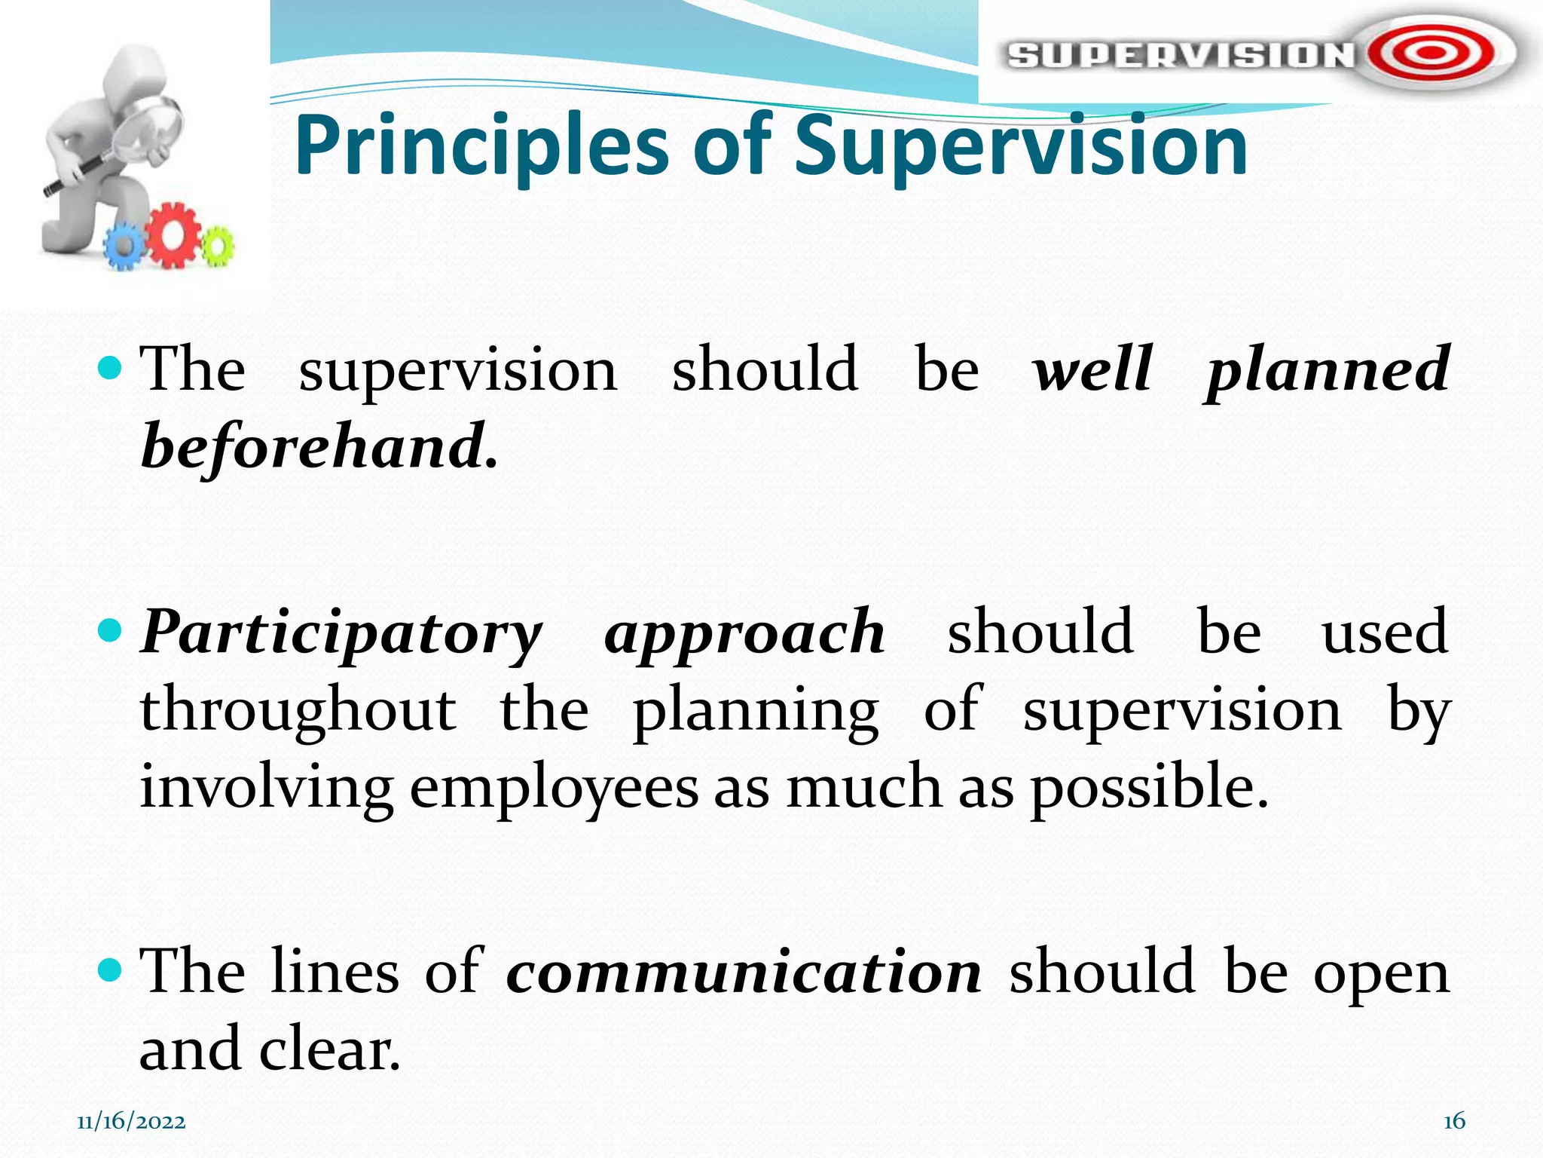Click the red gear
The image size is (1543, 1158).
(x=175, y=235)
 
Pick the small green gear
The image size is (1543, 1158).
(x=216, y=246)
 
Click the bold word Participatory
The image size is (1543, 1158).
(x=341, y=632)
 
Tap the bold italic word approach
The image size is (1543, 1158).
(x=744, y=632)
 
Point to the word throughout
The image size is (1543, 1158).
(x=298, y=710)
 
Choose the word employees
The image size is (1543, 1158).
(x=554, y=787)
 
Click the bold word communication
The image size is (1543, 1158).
(x=744, y=972)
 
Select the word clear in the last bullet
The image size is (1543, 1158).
(x=329, y=1049)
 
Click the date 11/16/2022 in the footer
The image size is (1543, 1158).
(x=131, y=1122)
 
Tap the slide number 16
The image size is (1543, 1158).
(x=1453, y=1121)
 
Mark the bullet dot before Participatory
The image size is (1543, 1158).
(x=110, y=630)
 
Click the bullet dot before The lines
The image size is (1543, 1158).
(x=110, y=970)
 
